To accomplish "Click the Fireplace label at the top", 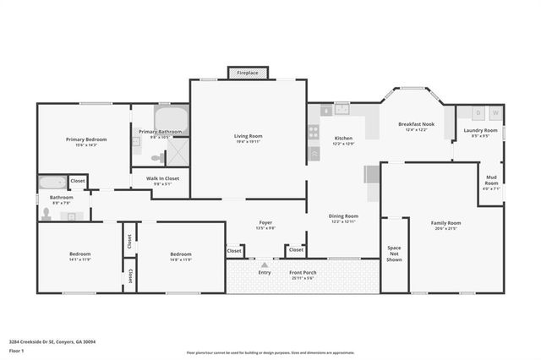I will (248, 73).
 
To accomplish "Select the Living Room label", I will (248, 136).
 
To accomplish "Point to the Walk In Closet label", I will (161, 178).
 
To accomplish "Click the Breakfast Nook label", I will (416, 124).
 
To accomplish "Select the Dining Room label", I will (343, 216).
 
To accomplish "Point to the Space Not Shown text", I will (394, 254).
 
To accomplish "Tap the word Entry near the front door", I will (265, 272).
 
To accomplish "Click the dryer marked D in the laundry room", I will (478, 112).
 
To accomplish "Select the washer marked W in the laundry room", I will (495, 112).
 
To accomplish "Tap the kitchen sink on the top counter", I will (342, 108).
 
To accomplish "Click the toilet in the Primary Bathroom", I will (156, 157).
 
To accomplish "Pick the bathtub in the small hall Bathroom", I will (51, 181).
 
